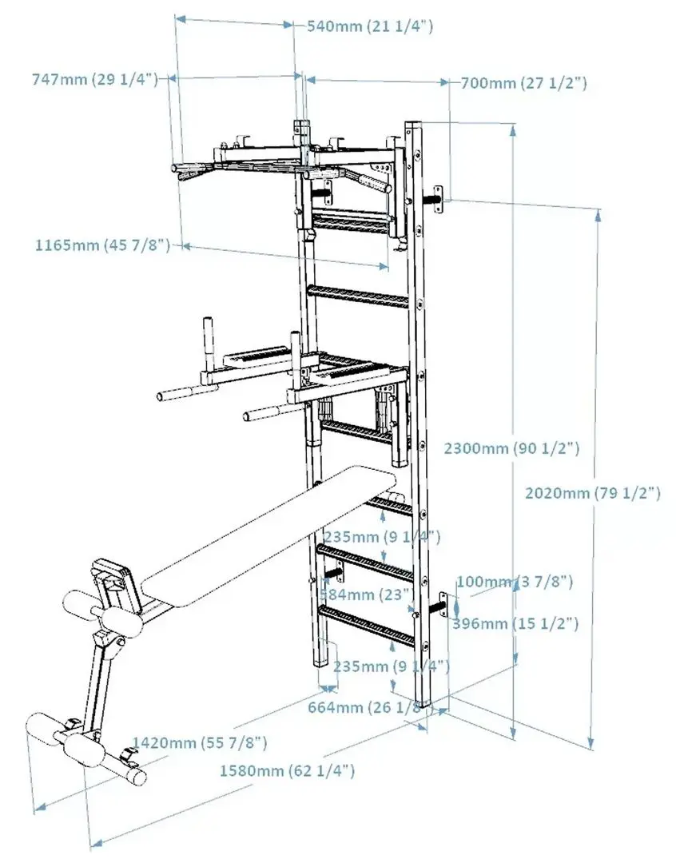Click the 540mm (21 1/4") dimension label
[x=370, y=26]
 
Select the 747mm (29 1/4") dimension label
[x=93, y=79]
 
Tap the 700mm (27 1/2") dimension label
[x=523, y=83]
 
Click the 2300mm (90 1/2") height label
[x=511, y=448]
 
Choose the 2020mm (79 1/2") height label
[x=592, y=493]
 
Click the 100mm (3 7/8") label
[x=514, y=582]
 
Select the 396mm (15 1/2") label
[x=515, y=623]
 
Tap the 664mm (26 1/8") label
[x=366, y=706]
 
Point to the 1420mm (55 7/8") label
[x=200, y=743]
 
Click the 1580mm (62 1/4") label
[x=286, y=771]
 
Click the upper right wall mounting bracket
[x=439, y=198]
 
